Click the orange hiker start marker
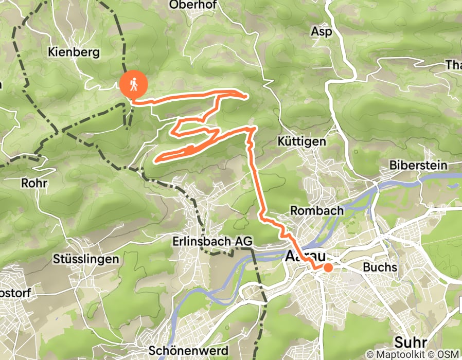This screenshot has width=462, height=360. pyautogui.click(x=133, y=84)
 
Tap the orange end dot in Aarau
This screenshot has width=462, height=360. pyautogui.click(x=327, y=267)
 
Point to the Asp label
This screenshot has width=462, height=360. pyautogui.click(x=321, y=31)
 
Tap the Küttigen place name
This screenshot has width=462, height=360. pyautogui.click(x=301, y=141)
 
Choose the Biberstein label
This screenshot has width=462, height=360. pyautogui.click(x=418, y=166)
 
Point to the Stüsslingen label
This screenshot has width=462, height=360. pyautogui.click(x=86, y=259)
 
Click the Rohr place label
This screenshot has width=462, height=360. pyautogui.click(x=34, y=183)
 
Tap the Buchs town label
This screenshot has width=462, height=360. pyautogui.click(x=380, y=267)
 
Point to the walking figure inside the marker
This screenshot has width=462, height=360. pyautogui.click(x=133, y=83)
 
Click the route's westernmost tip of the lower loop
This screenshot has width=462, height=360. pyautogui.click(x=156, y=159)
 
